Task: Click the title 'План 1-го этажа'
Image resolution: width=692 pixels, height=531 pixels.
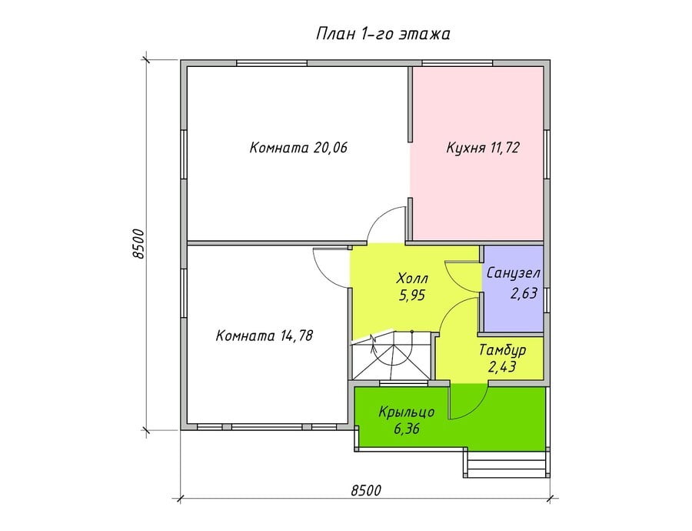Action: click(383, 34)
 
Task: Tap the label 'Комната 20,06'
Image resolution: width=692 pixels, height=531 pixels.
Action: click(299, 147)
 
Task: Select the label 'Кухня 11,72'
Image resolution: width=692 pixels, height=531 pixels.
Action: click(483, 147)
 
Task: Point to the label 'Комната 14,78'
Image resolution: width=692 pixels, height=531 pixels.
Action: click(264, 336)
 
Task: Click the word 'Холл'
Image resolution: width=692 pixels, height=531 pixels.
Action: click(413, 279)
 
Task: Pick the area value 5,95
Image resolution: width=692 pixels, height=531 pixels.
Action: click(413, 295)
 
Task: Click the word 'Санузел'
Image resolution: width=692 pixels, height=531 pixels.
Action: click(514, 273)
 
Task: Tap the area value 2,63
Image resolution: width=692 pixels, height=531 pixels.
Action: click(524, 293)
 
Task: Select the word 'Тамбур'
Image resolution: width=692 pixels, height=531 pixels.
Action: click(503, 350)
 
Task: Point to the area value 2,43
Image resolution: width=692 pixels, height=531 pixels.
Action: click(503, 366)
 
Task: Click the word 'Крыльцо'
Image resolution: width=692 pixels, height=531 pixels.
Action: click(407, 412)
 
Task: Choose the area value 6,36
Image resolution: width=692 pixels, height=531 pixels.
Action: click(407, 429)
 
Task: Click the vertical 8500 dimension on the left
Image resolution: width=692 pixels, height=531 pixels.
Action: click(138, 243)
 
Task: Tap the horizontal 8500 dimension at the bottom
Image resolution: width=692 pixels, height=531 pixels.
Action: click(366, 490)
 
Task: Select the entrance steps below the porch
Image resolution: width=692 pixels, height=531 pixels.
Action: click(507, 463)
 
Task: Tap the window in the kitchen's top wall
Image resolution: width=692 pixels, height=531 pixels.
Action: click(457, 63)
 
